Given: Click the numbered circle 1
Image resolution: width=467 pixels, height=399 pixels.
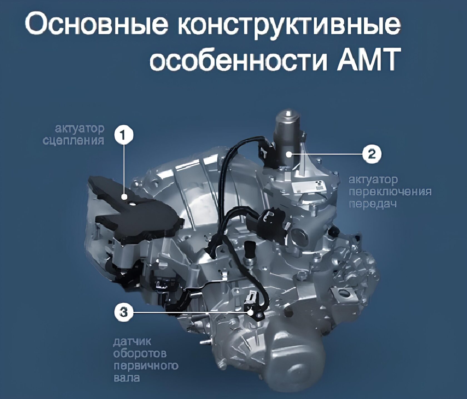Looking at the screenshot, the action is click(124, 135).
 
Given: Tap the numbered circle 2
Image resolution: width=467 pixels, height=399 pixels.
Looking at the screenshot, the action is click(372, 154).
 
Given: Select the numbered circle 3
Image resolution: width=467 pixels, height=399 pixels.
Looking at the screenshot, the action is click(124, 312).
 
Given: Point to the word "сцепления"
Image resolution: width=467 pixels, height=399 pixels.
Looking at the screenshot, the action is click(73, 141).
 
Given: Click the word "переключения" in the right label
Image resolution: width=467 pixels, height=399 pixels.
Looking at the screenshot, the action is click(390, 192).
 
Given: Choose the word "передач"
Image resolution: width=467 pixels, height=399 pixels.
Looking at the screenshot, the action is click(372, 204).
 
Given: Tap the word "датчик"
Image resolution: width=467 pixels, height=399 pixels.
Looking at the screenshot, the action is click(132, 342).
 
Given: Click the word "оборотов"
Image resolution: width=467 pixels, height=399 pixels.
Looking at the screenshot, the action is click(140, 353).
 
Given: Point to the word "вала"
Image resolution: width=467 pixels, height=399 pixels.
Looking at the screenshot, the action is click(126, 378).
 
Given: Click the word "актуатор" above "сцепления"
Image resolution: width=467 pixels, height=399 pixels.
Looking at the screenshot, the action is click(80, 129).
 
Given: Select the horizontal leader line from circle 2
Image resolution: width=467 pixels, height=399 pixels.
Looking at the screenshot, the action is click(326, 154).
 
